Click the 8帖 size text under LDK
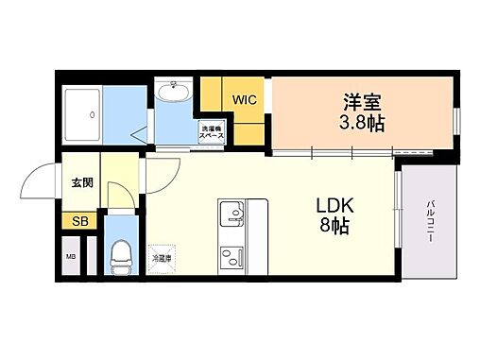tap(329, 227)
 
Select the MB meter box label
tap(71, 255)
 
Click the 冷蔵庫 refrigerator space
tap(161, 256)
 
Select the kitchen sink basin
tap(231, 216)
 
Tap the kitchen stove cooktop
tap(231, 255)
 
